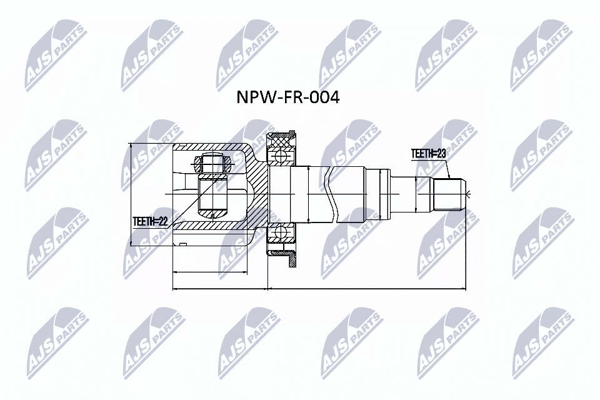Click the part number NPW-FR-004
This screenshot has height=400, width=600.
click(x=287, y=98)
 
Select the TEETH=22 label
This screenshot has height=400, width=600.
click(x=151, y=221)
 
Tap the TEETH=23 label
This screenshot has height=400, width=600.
click(x=429, y=153)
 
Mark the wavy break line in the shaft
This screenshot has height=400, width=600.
click(x=331, y=194)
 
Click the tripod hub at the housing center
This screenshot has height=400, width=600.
click(x=213, y=194)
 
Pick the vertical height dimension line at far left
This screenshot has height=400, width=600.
click(x=131, y=194)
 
